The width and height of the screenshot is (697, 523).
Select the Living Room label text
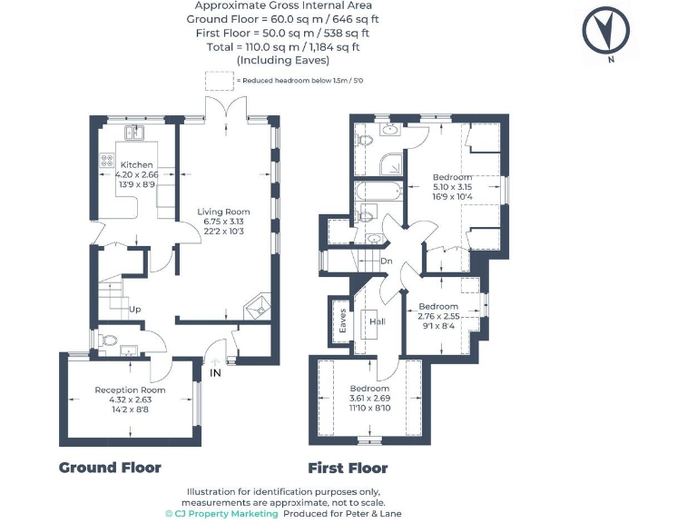pos(222,212)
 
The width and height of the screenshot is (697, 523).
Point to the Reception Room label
pos(131,390)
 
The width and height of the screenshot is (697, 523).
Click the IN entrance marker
pos(215,371)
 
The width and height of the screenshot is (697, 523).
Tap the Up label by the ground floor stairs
pos(135,309)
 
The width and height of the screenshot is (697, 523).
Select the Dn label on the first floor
pos(386,261)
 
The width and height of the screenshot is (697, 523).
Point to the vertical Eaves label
pos(342,321)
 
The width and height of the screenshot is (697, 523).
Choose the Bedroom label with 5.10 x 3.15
pos(452,176)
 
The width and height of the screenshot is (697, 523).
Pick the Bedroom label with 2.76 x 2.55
pos(438,307)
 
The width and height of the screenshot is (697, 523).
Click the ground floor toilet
pos(109,341)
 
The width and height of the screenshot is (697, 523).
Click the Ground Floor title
pos(110,468)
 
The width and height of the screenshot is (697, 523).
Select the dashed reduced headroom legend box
pos(218,80)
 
